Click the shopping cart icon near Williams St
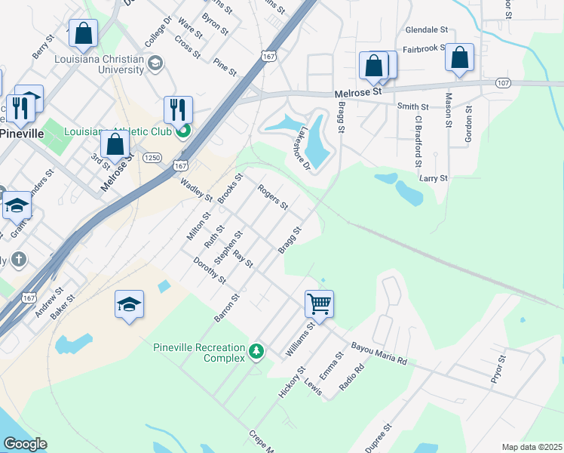(x=320, y=304)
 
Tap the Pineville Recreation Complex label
(x=199, y=353)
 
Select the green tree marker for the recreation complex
(x=257, y=351)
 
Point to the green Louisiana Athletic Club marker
(x=182, y=133)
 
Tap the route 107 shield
(x=504, y=82)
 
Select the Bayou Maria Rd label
(x=379, y=353)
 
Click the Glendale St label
(x=427, y=30)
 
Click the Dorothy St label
(x=210, y=270)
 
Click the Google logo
(x=25, y=444)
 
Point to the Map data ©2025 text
(x=531, y=447)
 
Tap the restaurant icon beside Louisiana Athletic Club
(x=178, y=109)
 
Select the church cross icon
(x=19, y=260)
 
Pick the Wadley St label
(x=196, y=190)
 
